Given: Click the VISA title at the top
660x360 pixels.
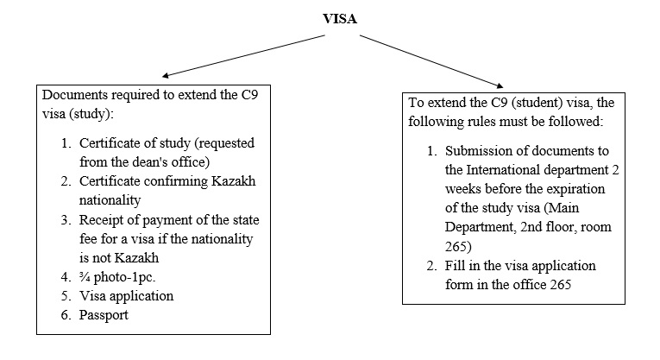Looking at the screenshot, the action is [340, 18].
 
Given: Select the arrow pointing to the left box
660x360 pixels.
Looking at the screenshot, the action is [243, 56].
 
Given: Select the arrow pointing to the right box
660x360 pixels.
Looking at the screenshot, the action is [431, 61].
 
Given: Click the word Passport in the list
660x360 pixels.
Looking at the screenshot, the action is [104, 315].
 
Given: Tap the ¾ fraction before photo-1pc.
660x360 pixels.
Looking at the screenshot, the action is [85, 276].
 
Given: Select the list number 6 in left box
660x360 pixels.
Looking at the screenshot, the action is [66, 315].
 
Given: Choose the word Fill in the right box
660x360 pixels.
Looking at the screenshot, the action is [454, 266].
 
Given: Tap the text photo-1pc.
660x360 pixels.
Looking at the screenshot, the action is [124, 277].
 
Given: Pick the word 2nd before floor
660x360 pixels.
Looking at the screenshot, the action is [531, 227].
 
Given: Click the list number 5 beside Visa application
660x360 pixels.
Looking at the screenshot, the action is [66, 296].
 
